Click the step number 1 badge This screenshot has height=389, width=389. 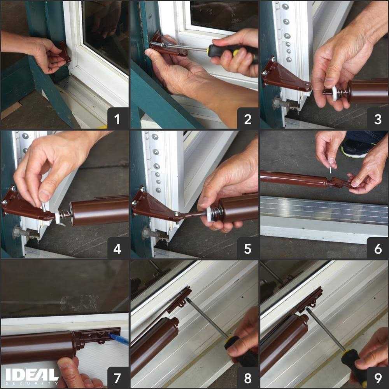coord(118,118)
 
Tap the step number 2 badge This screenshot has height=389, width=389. coord(247,118)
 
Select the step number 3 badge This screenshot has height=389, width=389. coord(377,118)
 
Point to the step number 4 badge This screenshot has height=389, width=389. coord(118,248)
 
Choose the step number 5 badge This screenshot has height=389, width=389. coord(247,248)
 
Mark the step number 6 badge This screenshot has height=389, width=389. coord(377,248)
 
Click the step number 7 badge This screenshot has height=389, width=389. coord(118,378)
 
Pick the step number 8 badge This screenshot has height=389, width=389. coord(247,378)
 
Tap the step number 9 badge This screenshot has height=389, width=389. coord(377,378)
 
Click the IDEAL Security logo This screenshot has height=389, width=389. coord(32,376)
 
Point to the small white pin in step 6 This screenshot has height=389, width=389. coord(330,170)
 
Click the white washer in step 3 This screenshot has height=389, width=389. coord(334,93)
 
